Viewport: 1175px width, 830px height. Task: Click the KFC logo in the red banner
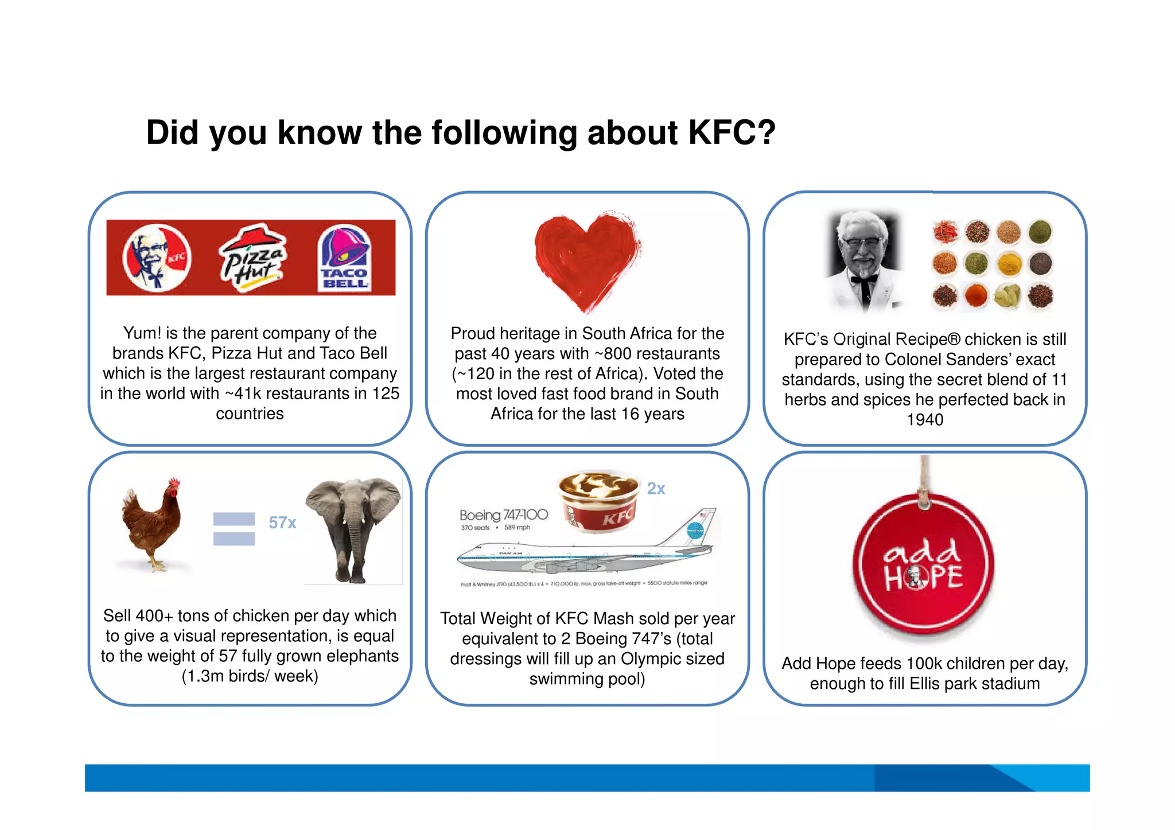tap(157, 258)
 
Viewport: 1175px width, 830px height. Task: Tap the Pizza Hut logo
tap(252, 258)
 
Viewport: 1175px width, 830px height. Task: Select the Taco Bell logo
tap(344, 258)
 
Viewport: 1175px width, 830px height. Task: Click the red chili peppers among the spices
tap(946, 232)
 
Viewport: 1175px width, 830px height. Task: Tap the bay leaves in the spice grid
tap(1008, 295)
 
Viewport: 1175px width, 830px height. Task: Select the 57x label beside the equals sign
tap(282, 523)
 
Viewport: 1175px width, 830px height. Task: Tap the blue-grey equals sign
tap(234, 528)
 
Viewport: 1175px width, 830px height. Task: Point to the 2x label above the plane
tap(656, 489)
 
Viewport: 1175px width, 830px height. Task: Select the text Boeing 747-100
tap(503, 515)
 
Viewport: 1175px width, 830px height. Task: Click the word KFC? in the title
tap(732, 133)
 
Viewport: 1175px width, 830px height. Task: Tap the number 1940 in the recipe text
tap(924, 420)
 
